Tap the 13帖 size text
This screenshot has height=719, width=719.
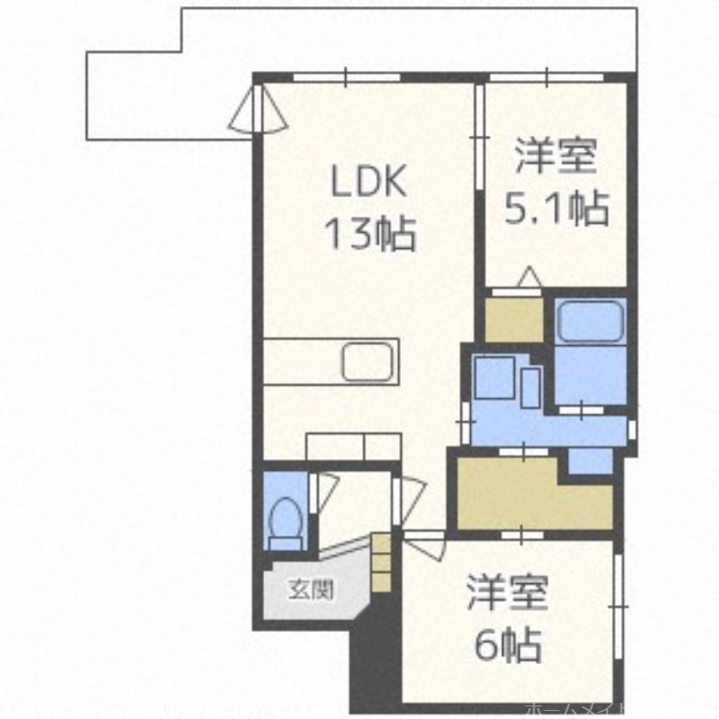tap(369, 235)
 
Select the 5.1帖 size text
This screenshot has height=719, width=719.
tap(555, 209)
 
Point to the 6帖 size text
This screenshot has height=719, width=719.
tap(507, 644)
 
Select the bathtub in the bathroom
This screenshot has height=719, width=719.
tap(590, 322)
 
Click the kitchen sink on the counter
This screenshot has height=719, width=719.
tap(368, 362)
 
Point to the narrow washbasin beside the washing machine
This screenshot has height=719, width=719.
tap(531, 386)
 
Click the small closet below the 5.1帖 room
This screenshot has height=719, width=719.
tap(514, 318)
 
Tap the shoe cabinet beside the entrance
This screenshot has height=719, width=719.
tap(381, 561)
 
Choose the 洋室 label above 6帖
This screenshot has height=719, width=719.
tap(507, 593)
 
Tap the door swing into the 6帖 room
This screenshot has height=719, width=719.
tap(425, 544)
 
